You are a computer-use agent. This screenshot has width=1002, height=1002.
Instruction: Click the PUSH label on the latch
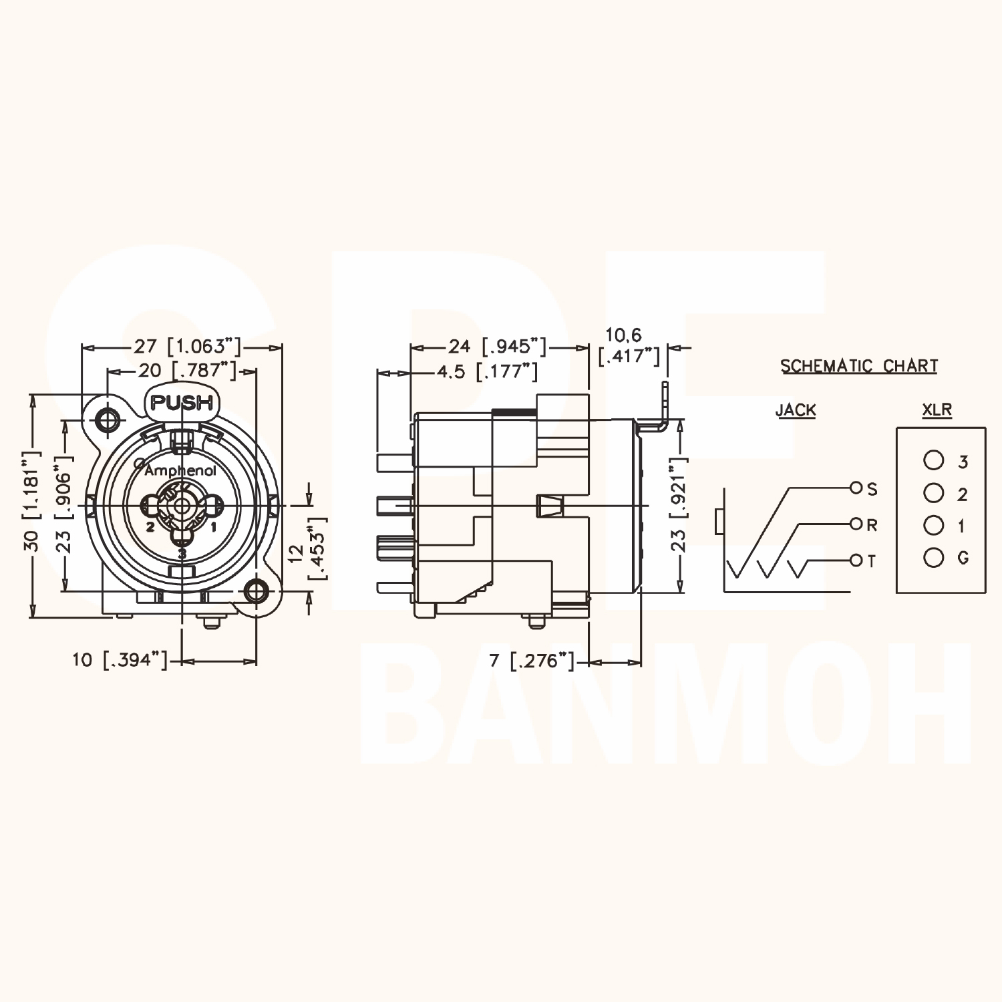click(182, 403)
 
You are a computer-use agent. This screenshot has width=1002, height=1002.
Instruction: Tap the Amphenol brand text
click(180, 471)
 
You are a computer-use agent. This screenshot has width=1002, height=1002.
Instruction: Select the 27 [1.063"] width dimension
click(186, 346)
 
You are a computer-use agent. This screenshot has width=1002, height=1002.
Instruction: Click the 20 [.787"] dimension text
click(187, 370)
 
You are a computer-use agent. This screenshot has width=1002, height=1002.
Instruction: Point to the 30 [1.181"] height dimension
click(32, 501)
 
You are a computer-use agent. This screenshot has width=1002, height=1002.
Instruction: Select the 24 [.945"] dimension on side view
click(498, 346)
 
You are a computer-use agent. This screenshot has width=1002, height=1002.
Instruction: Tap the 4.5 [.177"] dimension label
click(488, 371)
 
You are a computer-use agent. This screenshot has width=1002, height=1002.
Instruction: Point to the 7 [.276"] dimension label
click(532, 661)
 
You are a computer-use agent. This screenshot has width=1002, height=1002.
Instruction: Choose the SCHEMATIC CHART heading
click(859, 366)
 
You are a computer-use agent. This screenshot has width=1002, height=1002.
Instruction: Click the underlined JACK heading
click(796, 409)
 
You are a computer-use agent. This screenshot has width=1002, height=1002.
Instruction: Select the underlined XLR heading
click(937, 409)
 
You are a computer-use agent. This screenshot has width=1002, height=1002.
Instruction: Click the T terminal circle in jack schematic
click(857, 560)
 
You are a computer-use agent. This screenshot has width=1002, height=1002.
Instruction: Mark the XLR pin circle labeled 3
click(933, 460)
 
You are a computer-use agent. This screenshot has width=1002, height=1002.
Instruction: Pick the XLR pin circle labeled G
click(933, 556)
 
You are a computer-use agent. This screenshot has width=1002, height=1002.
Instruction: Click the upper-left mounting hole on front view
click(107, 420)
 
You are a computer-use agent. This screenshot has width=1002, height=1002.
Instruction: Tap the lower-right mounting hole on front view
click(257, 591)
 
